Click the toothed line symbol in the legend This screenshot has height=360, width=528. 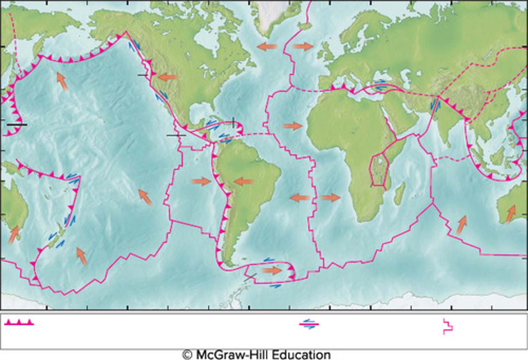pos(20,322)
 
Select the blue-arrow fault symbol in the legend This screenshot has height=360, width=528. pos(309,324)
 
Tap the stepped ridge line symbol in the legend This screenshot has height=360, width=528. pos(448,326)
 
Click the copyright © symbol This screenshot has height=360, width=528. pos(187,355)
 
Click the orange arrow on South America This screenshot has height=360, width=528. pos(243,181)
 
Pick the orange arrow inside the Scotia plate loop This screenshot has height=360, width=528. pos(272,271)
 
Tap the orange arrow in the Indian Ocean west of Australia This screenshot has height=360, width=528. pos(462,225)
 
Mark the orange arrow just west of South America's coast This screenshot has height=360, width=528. pos(201,181)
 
